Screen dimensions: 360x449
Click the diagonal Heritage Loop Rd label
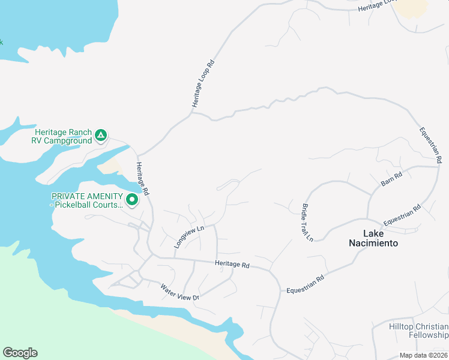tap(203, 84)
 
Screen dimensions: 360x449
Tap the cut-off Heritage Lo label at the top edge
tap(377, 6)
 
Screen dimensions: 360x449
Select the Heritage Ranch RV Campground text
tap(63, 136)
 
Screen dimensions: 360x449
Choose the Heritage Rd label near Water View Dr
tap(232, 264)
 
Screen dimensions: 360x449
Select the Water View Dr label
tap(179, 293)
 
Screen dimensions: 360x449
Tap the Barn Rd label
tap(391, 179)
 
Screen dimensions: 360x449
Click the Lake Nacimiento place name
tap(373, 238)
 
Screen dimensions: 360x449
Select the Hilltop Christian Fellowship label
tap(418, 330)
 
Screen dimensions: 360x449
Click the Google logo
tap(20, 353)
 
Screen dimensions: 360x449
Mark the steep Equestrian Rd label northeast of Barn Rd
tap(430, 145)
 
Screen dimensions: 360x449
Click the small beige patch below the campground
tap(110, 166)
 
